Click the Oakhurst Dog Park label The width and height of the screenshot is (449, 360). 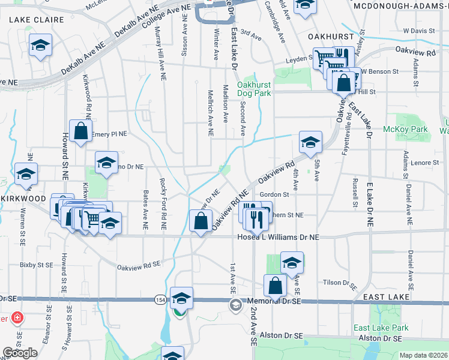253,89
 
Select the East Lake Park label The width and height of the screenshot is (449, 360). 381,328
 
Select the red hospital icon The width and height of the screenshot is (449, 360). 17,317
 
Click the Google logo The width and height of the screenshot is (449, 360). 20,353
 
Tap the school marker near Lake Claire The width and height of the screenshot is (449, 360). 41,45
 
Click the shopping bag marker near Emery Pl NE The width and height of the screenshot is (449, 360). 80,131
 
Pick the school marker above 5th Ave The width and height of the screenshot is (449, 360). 310,143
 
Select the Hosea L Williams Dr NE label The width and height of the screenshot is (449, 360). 276,237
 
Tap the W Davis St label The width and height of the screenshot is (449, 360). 418,30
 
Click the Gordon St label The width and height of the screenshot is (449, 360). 275,194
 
